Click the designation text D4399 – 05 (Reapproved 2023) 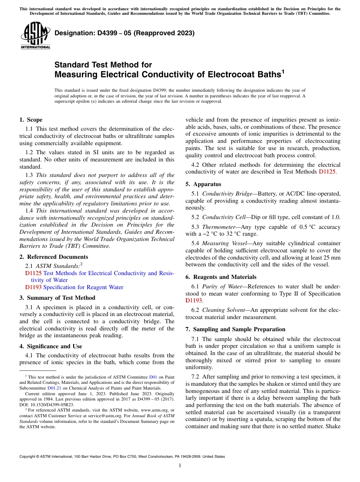click(x=124, y=33)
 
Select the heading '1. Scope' click(x=31, y=120)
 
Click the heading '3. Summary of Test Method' click(x=57, y=298)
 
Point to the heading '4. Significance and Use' click(x=50, y=346)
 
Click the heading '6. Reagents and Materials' click(x=221, y=277)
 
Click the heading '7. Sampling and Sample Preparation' click(x=235, y=329)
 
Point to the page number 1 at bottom click(x=180, y=466)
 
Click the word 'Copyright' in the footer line click(x=28, y=457)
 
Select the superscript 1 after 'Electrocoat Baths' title click(x=283, y=71)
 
